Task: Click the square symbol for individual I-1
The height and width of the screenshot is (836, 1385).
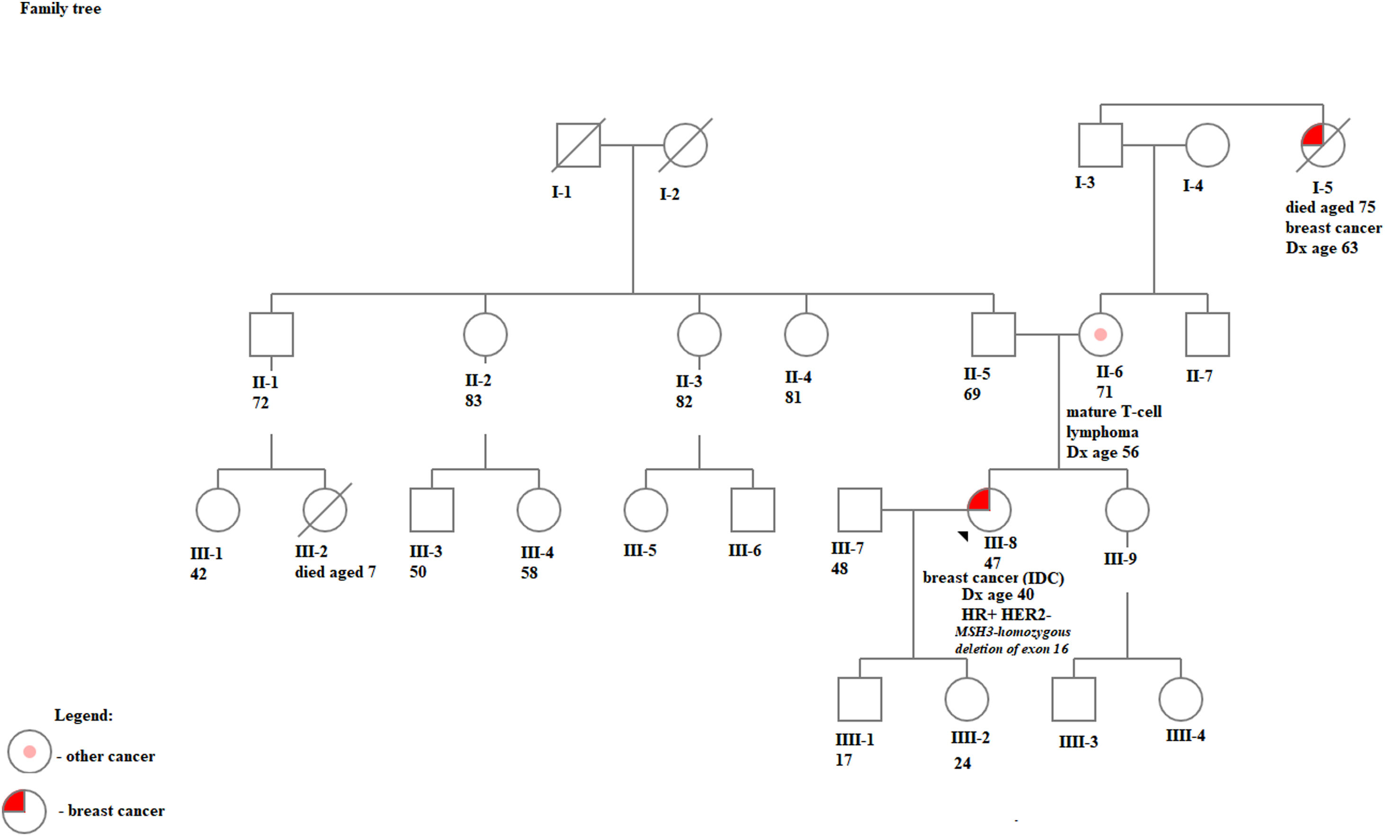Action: tap(578, 145)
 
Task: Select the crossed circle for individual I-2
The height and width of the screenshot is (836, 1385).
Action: tap(685, 145)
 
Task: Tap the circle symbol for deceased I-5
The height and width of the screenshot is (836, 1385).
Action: tap(1322, 145)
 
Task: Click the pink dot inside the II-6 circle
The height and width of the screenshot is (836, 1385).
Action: tap(1100, 334)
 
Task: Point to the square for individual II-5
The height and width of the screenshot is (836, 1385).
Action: tap(993, 334)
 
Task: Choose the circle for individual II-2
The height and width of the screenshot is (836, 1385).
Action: tap(485, 334)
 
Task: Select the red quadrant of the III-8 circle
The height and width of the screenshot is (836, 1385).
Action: tap(980, 500)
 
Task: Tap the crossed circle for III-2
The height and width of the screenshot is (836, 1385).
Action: tap(325, 510)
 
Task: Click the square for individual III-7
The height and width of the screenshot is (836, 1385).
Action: tap(859, 510)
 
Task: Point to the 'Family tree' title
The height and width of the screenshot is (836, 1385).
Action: tap(61, 9)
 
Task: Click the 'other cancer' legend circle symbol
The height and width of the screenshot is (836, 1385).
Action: tap(29, 752)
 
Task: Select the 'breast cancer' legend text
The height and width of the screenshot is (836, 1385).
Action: tap(116, 811)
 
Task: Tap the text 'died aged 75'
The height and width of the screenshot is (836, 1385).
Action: tap(1330, 207)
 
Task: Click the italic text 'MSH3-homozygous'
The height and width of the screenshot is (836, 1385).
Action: tap(1012, 632)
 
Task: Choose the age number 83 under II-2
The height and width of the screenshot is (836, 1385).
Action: tap(474, 401)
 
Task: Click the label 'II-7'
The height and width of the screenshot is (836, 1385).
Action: tap(1199, 376)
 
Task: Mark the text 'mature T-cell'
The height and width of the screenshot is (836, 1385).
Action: tap(1114, 412)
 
